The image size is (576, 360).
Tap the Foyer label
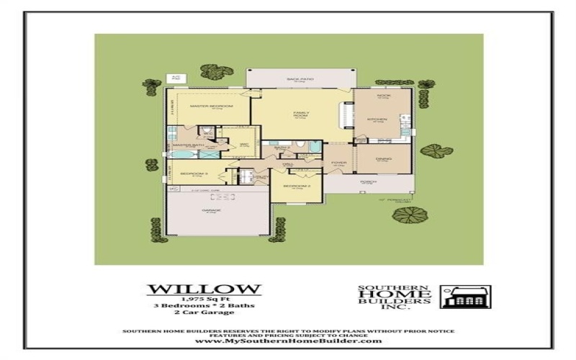338,163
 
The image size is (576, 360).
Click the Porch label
367,181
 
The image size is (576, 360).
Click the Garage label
212,210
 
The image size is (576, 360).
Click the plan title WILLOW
204,289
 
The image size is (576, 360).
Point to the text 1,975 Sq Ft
204,298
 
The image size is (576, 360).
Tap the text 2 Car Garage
204,312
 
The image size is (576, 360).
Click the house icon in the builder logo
465,296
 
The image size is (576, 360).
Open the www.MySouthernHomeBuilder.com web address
288,340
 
